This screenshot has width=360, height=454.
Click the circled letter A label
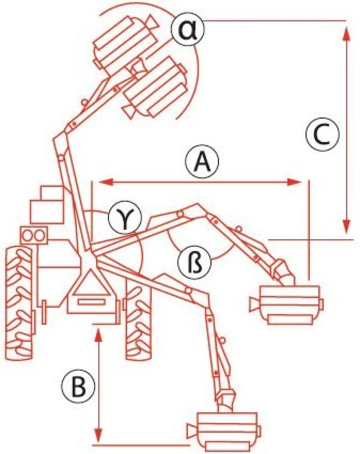202,162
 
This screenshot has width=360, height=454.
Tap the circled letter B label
78,386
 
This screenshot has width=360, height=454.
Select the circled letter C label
322,135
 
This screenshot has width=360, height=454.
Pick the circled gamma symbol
125,218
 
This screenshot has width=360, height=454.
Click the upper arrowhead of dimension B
99,336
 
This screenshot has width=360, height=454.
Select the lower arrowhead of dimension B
99,435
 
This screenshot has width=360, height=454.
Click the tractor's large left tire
21,302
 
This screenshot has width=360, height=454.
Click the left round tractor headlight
28,235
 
